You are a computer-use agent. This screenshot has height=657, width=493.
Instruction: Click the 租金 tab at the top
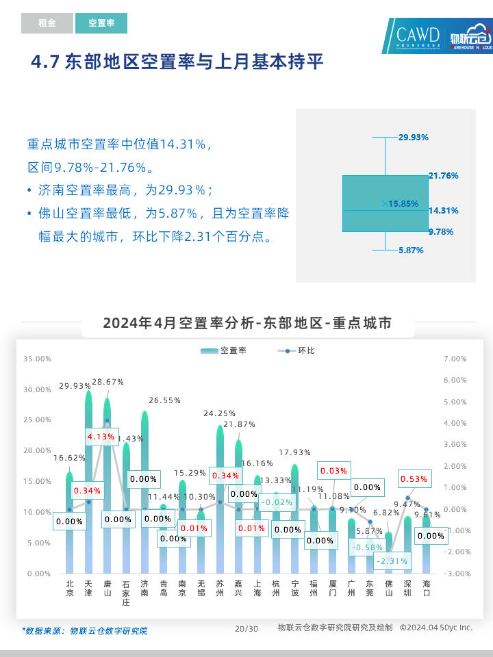coord(47,23)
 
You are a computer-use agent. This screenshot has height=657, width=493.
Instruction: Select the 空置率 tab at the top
coord(101,23)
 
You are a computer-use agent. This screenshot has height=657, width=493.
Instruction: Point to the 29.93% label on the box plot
coord(414,137)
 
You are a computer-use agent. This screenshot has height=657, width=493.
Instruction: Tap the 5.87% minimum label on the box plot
coord(411,250)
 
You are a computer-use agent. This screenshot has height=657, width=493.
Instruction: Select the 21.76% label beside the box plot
coord(443,176)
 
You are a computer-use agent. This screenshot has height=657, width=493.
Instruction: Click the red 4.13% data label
coord(103,436)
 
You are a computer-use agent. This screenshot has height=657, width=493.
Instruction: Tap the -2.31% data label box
coord(392,561)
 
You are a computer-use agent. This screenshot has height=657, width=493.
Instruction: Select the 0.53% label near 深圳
coord(414,479)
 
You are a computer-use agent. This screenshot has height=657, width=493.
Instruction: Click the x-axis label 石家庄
coord(126,593)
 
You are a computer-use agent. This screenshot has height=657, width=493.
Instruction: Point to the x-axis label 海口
coord(426,589)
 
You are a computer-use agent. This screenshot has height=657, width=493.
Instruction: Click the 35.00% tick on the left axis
coord(37,359)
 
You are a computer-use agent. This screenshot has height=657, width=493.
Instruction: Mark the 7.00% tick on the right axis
coord(455,359)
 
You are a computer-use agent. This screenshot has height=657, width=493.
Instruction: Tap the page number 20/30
coord(246,629)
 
